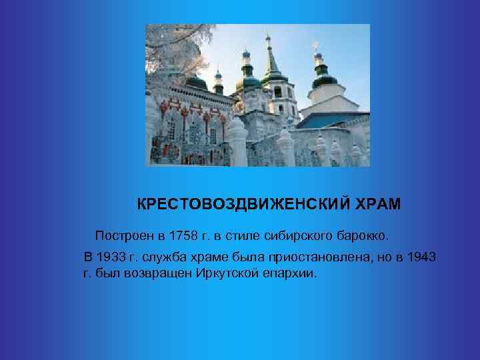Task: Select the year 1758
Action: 185,236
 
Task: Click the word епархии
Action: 289,274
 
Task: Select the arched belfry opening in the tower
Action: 277,92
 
